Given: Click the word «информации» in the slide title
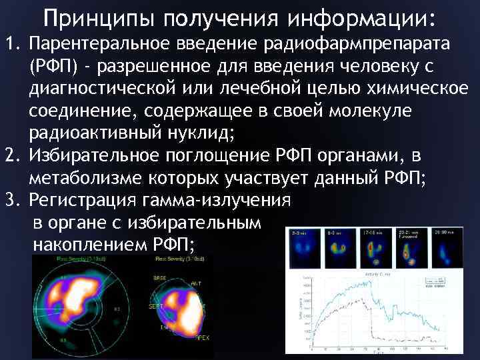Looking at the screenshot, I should [358, 18].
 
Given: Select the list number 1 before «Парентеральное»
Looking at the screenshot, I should [10, 45].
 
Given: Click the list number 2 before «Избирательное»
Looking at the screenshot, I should [10, 156].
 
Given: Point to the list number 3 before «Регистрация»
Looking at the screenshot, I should [10, 199].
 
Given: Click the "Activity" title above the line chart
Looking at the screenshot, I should [366, 275].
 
